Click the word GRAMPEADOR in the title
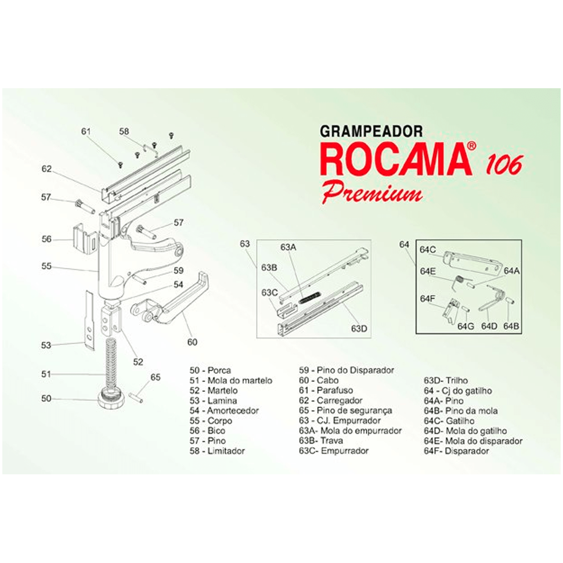[371, 131]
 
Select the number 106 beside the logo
[503, 165]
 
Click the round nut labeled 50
[112, 399]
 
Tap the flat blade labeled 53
[89, 320]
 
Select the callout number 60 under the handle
[192, 342]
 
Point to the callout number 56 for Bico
[46, 239]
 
